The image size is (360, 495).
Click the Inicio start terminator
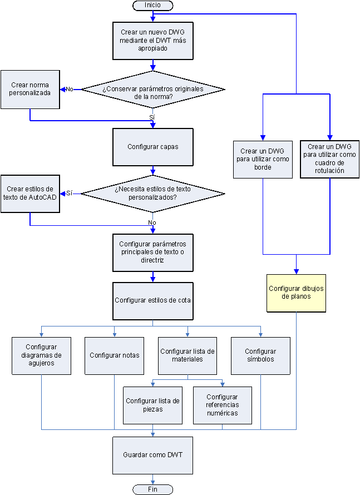[x=152, y=5]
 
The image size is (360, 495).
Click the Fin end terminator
[x=152, y=489]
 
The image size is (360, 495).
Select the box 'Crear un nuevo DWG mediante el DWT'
[x=153, y=41]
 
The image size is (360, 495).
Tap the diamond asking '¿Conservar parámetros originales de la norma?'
[x=153, y=90]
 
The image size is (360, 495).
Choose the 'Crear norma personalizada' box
[x=30, y=89]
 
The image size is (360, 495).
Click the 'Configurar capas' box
[x=153, y=147]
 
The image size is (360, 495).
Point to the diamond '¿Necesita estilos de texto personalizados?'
[x=153, y=194]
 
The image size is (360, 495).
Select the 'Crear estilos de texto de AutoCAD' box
[x=30, y=194]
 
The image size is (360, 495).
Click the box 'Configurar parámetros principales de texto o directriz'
[x=153, y=252]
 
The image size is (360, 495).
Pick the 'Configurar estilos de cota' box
[x=153, y=300]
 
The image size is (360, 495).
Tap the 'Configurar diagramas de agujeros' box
[x=42, y=355]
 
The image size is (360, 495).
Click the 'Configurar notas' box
[x=114, y=355]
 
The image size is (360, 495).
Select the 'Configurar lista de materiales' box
[x=188, y=355]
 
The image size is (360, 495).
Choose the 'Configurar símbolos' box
[x=260, y=355]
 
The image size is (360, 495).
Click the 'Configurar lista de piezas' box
[x=152, y=405]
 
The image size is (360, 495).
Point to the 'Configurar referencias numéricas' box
[x=222, y=405]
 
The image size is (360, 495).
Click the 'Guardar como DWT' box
[x=153, y=455]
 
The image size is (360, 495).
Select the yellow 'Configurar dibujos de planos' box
[x=296, y=293]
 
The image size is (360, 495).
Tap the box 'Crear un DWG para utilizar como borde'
[x=263, y=159]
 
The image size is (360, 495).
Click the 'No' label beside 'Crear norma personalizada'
[x=70, y=89]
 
